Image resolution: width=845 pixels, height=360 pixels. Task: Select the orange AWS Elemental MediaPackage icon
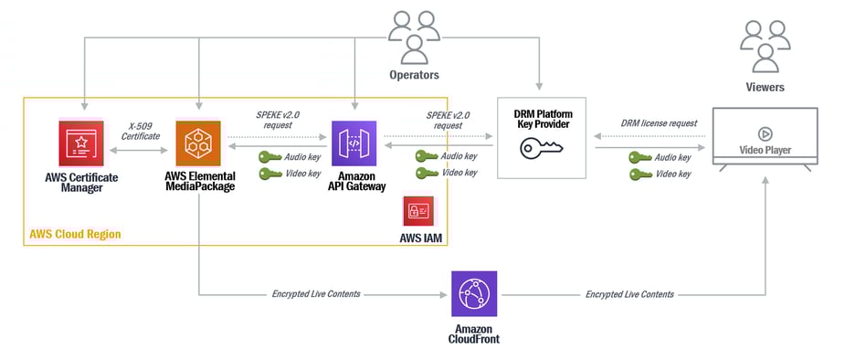199,143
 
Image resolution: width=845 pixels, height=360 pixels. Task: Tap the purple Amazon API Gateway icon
354,143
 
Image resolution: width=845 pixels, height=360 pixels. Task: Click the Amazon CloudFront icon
474,293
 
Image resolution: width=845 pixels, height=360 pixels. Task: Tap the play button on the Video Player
765,131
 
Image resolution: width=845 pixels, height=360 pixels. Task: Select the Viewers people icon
766,46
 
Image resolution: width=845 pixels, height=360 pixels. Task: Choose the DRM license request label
660,123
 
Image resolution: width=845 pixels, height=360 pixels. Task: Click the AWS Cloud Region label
75,235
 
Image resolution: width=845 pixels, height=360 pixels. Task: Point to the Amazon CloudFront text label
474,333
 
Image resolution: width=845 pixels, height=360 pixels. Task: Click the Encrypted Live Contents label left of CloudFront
316,294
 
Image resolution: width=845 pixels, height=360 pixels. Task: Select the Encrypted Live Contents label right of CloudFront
629,294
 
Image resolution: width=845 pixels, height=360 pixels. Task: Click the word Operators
415,76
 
